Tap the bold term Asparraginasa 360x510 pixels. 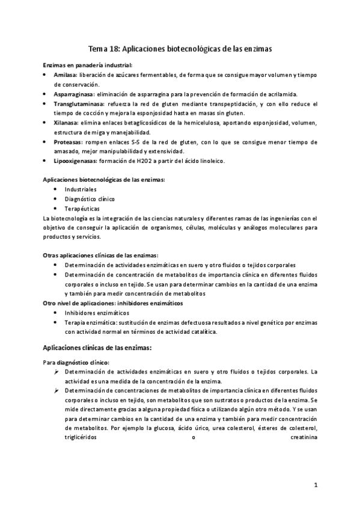75,94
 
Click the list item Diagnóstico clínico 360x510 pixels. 90,198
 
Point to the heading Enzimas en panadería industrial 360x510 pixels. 88,65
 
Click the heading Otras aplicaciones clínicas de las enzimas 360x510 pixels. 100,256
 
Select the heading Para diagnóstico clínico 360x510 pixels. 75,363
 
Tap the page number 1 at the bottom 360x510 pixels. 316,484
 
